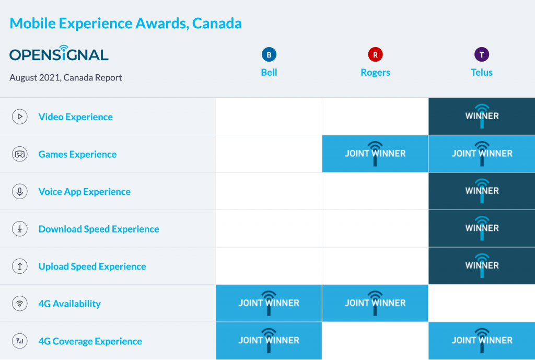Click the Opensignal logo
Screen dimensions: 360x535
[x=59, y=54]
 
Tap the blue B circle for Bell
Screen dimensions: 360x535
[x=269, y=54]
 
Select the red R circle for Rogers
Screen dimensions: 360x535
[x=375, y=54]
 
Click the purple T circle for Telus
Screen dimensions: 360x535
[x=482, y=54]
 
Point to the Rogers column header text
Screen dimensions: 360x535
[x=375, y=73]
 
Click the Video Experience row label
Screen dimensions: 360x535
[x=76, y=117]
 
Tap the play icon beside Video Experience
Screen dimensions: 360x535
[x=20, y=117]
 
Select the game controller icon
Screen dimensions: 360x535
[x=20, y=154]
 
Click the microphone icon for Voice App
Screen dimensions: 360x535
[x=20, y=192]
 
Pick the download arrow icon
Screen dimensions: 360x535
[x=20, y=229]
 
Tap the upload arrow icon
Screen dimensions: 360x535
[x=20, y=266]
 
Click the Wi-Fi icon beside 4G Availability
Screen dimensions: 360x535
[x=20, y=304]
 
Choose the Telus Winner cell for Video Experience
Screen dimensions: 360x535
[x=482, y=117]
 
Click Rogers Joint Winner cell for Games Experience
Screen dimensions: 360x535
[x=375, y=154]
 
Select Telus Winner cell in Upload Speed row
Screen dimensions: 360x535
[x=482, y=266]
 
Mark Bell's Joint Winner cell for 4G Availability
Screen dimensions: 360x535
[x=269, y=303]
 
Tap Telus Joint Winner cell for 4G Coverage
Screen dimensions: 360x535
[x=482, y=341]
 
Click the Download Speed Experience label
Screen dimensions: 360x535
[x=99, y=229]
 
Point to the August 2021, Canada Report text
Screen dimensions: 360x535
[x=66, y=77]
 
